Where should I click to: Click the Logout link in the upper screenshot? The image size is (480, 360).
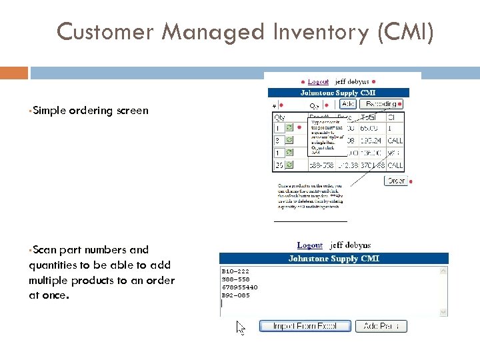pos(318,82)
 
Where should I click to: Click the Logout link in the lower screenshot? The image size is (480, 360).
pos(310,246)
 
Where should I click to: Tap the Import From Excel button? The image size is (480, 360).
pos(305,326)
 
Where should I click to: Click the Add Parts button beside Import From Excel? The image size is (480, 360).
pos(381,326)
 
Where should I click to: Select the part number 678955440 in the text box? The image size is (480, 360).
pos(239,287)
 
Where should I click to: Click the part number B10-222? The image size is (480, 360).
pos(235,271)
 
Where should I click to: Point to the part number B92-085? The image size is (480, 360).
pos(235,295)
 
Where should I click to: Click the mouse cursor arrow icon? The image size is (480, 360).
pos(241,327)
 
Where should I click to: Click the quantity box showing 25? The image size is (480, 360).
pos(279,165)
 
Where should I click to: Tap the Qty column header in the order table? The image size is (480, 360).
pos(279,116)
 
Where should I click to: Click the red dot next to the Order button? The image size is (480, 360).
pos(411,181)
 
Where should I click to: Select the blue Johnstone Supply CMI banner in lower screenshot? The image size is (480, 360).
pos(334,258)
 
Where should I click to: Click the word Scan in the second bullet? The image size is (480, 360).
pos(45,250)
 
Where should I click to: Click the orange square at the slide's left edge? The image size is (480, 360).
pos(14,72)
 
